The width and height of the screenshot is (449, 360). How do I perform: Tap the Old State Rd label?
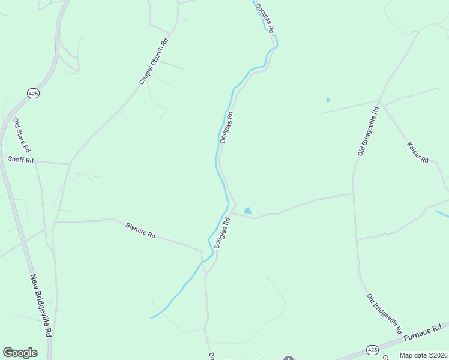pos(22,135)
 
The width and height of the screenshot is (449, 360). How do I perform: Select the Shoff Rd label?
pos(21,160)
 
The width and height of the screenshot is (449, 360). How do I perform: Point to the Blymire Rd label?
pos(140,230)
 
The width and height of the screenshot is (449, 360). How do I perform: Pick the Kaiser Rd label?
pos(418,152)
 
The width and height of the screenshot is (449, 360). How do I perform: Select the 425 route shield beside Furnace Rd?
pos(372,350)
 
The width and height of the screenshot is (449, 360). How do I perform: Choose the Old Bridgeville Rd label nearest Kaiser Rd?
pos(368,131)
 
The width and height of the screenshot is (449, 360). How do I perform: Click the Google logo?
pos(20,353)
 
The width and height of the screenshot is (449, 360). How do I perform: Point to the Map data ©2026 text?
pos(423,355)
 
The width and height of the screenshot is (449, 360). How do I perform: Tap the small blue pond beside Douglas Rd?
pos(248,211)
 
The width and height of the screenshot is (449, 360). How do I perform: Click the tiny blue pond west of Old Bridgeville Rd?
pos(328,100)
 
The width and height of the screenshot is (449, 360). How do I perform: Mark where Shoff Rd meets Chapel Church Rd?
pos(69,164)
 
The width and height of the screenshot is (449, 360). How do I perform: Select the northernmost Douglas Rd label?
pos(264,18)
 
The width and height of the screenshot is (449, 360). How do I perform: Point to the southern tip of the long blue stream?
pos(152,317)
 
